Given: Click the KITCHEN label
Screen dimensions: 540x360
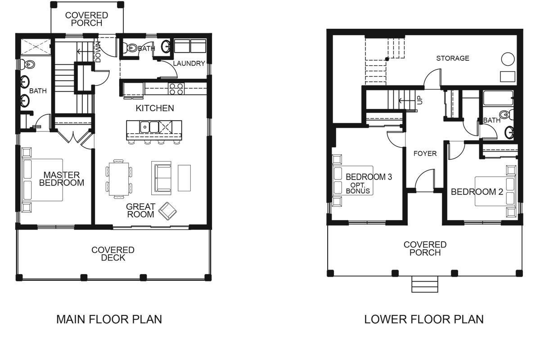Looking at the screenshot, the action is point(155,108).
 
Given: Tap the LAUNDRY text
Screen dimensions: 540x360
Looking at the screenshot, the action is point(189,63).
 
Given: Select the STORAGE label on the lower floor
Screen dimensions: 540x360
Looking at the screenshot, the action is point(453,58).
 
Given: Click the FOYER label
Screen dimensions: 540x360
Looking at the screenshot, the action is point(425,153).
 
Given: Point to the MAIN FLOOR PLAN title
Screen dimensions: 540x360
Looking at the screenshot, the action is point(109,319).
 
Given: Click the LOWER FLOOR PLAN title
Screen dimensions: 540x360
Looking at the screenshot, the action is point(424,319).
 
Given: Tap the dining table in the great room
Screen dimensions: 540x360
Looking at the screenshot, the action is point(119,179).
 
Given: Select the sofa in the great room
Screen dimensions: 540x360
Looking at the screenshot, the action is point(161,178).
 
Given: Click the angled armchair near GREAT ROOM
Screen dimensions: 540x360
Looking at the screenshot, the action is point(167,211).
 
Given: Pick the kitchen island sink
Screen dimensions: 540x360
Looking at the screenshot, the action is point(149,127).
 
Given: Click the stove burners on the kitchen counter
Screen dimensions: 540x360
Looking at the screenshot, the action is point(176,89).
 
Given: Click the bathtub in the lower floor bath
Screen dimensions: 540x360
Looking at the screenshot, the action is point(498,98).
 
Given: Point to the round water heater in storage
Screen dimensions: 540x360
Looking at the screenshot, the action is point(508,59).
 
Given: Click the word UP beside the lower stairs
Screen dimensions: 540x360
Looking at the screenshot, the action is point(420,100).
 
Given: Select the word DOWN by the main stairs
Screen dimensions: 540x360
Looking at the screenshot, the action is point(98,52).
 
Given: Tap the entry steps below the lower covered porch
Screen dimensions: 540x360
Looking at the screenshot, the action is point(425,284).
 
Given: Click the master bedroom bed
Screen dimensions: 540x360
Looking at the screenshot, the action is point(42,180).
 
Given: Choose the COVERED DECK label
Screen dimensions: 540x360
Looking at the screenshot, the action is point(113,254).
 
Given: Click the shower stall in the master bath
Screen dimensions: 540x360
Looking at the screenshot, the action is point(36,46).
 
